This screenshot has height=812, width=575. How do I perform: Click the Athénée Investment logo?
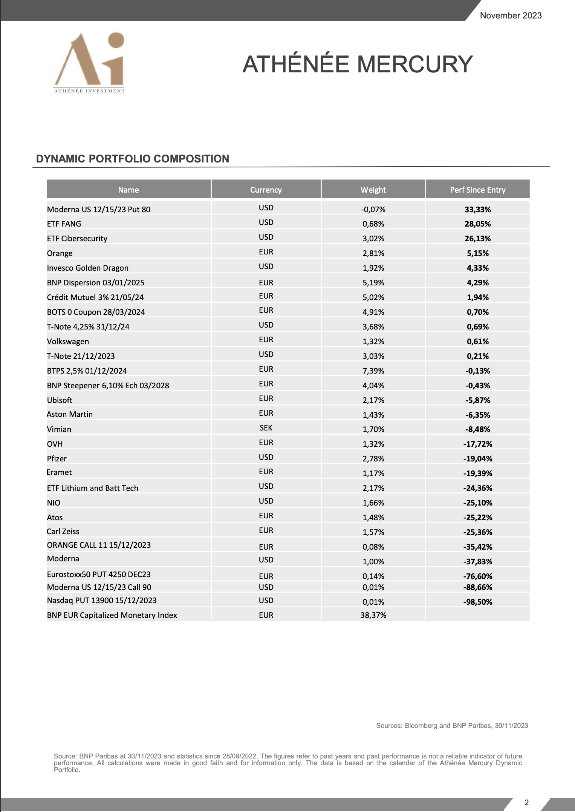(89, 63)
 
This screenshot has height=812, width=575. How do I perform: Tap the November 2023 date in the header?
(511, 15)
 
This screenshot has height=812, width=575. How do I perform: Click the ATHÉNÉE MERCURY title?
(357, 64)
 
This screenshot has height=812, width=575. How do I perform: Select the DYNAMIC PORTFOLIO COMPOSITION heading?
(133, 159)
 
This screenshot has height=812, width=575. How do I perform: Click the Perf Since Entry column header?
(477, 190)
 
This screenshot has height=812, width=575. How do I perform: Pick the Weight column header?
(373, 190)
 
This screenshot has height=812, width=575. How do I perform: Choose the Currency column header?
(266, 190)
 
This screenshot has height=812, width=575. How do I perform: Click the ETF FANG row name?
(64, 224)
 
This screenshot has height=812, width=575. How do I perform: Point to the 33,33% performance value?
(477, 210)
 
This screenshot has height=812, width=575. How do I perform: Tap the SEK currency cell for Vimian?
(266, 428)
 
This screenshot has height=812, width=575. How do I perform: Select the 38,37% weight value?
(373, 615)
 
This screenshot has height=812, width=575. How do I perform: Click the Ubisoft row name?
(60, 400)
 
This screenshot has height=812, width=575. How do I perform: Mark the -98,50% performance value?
(477, 602)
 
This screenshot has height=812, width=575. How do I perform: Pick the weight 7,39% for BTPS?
(373, 371)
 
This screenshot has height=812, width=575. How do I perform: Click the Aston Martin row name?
(70, 414)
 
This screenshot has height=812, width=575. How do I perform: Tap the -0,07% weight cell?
(373, 210)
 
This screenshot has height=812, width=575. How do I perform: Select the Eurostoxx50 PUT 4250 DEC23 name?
(99, 575)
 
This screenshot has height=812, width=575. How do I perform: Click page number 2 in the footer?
(526, 803)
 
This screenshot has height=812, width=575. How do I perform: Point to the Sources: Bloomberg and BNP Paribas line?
(452, 726)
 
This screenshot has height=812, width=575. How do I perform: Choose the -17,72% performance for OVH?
(477, 444)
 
